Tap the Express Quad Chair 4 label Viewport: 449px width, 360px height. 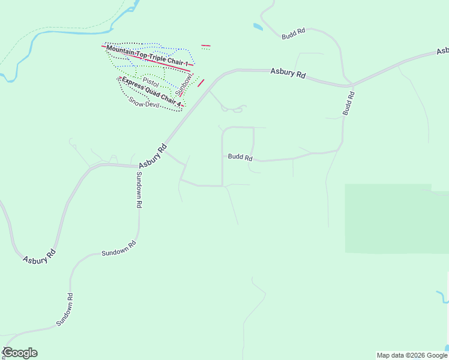151,91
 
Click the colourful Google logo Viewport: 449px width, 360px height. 20,353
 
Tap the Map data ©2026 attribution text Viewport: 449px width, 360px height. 412,355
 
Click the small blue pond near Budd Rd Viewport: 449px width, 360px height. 258,27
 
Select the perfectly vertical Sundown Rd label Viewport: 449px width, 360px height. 139,190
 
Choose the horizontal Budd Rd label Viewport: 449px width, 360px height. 240,157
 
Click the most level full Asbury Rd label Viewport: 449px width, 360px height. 288,73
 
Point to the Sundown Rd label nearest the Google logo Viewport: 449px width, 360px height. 65,309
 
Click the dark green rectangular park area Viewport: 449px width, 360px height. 396,219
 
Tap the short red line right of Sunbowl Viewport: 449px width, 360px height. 201,83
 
